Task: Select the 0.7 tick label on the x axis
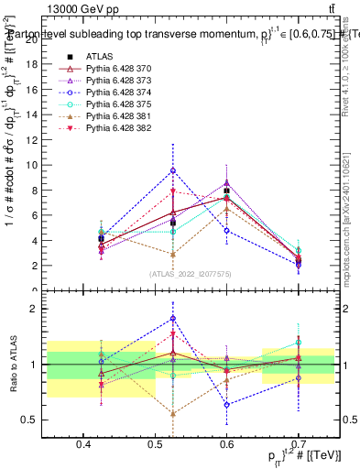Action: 298,445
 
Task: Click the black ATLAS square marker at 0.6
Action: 226,191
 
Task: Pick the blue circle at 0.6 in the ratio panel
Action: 226,404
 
